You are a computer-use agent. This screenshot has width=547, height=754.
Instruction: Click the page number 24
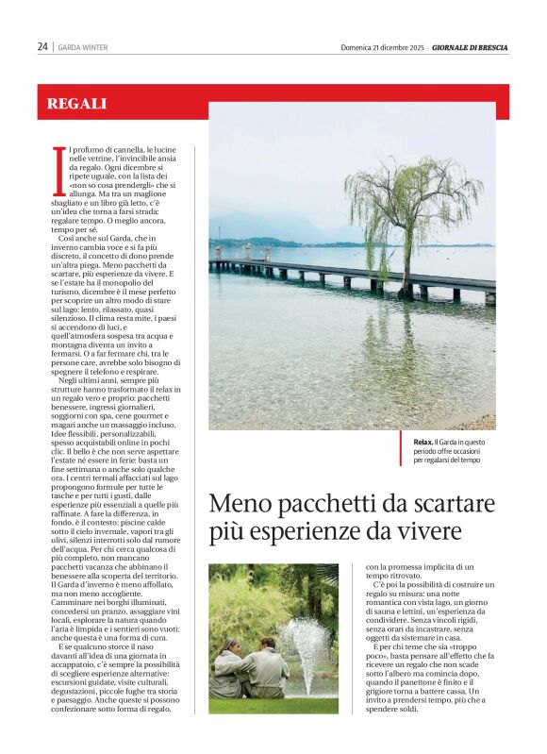click(42, 46)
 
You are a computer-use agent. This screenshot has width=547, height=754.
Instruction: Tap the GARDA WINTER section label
click(83, 47)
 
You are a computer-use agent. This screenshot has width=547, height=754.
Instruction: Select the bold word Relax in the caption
click(423, 442)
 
